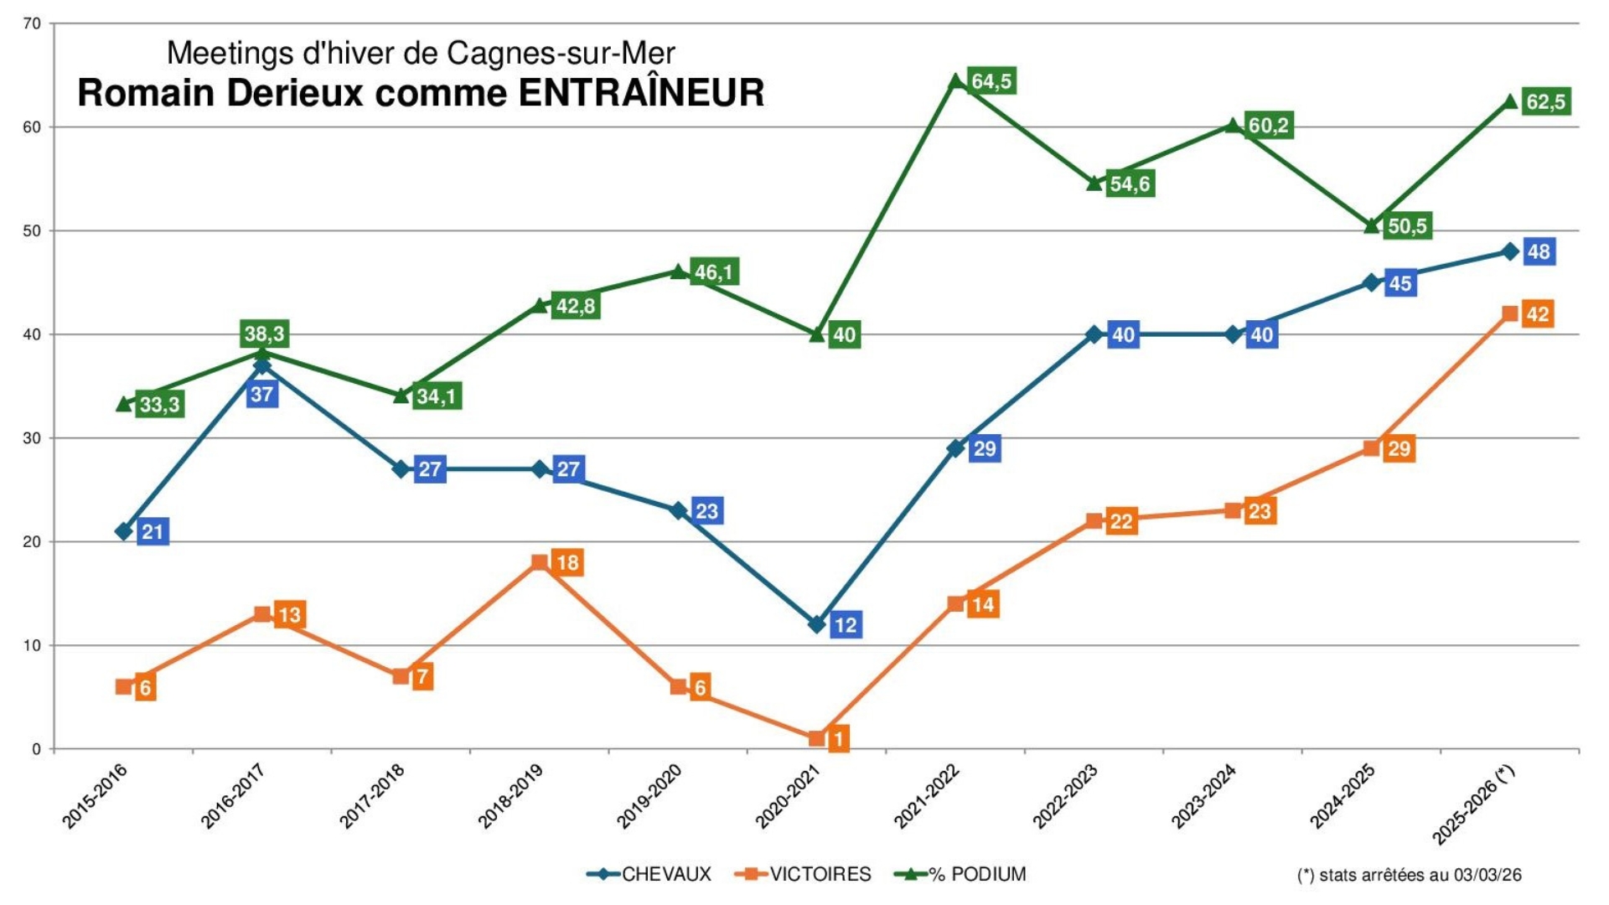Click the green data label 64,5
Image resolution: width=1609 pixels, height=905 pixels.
(x=991, y=81)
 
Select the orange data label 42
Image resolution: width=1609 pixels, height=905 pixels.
(x=1537, y=314)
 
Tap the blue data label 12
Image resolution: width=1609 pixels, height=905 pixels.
(x=846, y=624)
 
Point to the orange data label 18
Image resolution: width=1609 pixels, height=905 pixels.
(x=567, y=562)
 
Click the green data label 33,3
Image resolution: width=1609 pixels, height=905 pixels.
(x=159, y=405)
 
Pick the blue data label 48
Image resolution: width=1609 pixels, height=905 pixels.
(x=1539, y=251)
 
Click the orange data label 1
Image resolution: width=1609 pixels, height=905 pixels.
(x=838, y=738)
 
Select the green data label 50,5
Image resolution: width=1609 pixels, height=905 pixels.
(x=1407, y=226)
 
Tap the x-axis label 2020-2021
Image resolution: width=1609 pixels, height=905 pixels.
(x=788, y=797)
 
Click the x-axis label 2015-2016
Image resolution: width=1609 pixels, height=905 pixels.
(x=95, y=797)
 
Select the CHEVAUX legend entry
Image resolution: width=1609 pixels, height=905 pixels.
(x=665, y=874)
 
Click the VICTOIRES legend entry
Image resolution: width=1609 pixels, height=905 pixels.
(x=820, y=874)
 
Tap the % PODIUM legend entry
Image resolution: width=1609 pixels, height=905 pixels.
(x=977, y=874)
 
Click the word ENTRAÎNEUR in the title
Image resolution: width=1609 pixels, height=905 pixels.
(x=641, y=93)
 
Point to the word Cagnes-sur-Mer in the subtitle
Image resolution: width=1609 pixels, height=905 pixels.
(x=561, y=53)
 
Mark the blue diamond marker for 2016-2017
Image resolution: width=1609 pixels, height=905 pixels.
(x=262, y=365)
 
